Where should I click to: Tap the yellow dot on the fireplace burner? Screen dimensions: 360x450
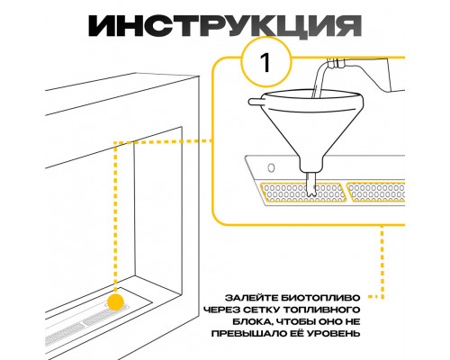click(x=116, y=301)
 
